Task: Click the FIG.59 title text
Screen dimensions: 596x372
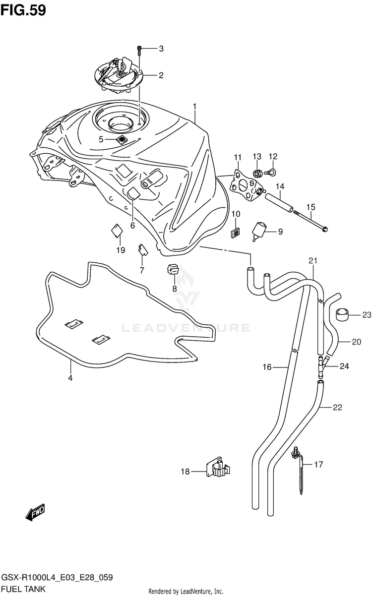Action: coord(23,10)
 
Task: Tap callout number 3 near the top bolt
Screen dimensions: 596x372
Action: coord(161,49)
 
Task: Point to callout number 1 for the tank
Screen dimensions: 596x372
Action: coord(195,106)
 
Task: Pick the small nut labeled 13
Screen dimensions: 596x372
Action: coord(257,173)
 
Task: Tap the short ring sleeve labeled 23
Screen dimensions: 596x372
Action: coord(342,314)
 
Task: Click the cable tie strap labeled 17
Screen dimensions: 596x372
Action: coord(301,471)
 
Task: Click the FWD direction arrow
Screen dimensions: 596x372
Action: coord(36,512)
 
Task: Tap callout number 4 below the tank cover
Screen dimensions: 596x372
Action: coord(70,378)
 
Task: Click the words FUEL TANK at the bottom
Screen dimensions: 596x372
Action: coord(23,589)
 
